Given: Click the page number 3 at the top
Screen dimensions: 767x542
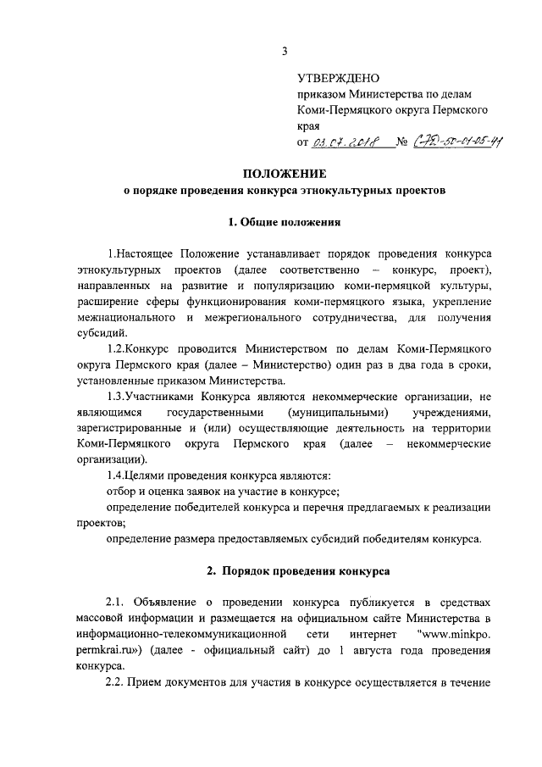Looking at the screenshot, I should click(285, 50).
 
